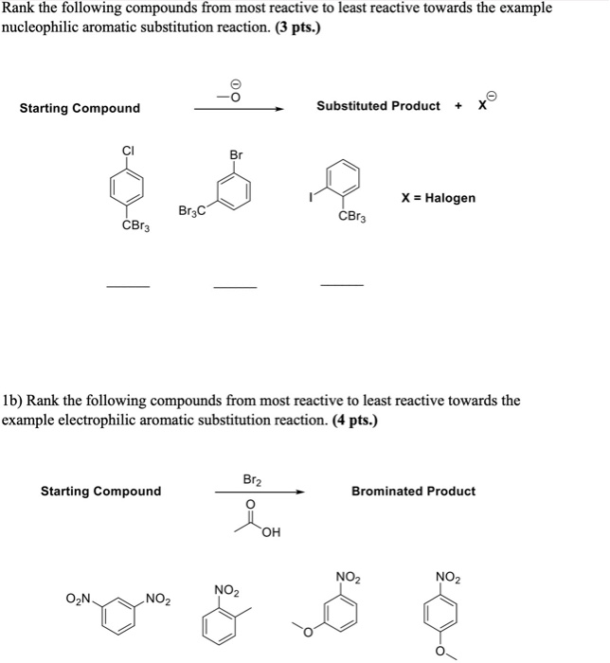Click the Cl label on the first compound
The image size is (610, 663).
(126, 149)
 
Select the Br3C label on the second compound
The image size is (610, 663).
(190, 209)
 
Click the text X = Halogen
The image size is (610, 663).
(439, 198)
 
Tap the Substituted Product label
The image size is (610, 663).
(378, 105)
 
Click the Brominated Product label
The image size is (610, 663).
(413, 491)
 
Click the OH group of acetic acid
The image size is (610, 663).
(273, 532)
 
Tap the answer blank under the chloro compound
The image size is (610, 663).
(127, 285)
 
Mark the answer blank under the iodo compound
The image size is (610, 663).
(341, 284)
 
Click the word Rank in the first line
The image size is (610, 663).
(19, 8)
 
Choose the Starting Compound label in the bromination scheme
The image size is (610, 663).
(100, 491)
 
